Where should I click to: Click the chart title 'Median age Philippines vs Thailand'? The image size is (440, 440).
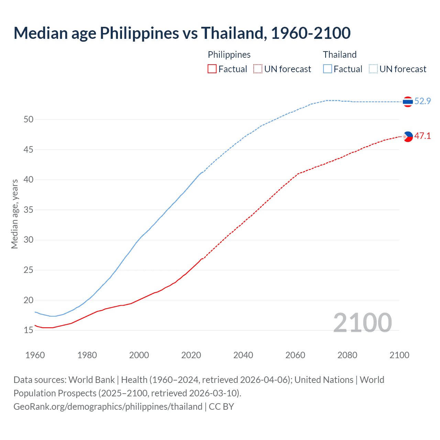pyautogui.click(x=182, y=33)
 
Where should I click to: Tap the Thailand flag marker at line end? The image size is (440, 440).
pyautogui.click(x=408, y=101)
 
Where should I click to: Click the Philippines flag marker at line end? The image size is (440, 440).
pyautogui.click(x=408, y=136)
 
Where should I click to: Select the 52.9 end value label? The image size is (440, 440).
pyautogui.click(x=422, y=101)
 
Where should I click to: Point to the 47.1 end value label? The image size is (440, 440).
pyautogui.click(x=422, y=136)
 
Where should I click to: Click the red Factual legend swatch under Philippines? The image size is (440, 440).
pyautogui.click(x=212, y=69)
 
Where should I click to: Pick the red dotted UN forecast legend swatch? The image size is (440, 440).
pyautogui.click(x=258, y=69)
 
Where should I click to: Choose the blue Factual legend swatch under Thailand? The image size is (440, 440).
pyautogui.click(x=328, y=69)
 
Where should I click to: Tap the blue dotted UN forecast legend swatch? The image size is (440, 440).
pyautogui.click(x=373, y=69)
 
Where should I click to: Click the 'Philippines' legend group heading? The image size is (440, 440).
pyautogui.click(x=229, y=55)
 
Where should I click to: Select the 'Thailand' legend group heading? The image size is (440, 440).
pyautogui.click(x=340, y=55)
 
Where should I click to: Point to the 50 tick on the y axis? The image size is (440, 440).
pyautogui.click(x=29, y=120)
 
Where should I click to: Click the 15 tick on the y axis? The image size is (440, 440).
pyautogui.click(x=29, y=330)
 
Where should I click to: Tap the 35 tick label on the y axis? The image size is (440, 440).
pyautogui.click(x=29, y=210)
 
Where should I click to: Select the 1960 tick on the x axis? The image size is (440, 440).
pyautogui.click(x=35, y=355)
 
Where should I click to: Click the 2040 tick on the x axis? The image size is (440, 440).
pyautogui.click(x=243, y=355)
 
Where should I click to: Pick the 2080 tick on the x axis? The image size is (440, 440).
pyautogui.click(x=347, y=355)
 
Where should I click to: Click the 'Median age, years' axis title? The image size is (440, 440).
pyautogui.click(x=14, y=214)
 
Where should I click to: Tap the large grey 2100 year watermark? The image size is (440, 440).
pyautogui.click(x=362, y=322)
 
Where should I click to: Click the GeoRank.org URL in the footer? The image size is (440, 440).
pyautogui.click(x=108, y=407)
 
